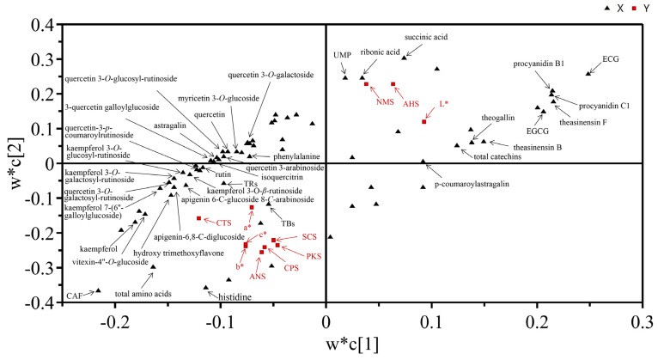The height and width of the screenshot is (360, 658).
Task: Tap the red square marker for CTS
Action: click(199, 218)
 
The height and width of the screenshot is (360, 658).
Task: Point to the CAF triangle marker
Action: click(98, 290)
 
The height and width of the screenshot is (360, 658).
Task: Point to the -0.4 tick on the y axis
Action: click(39, 303)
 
